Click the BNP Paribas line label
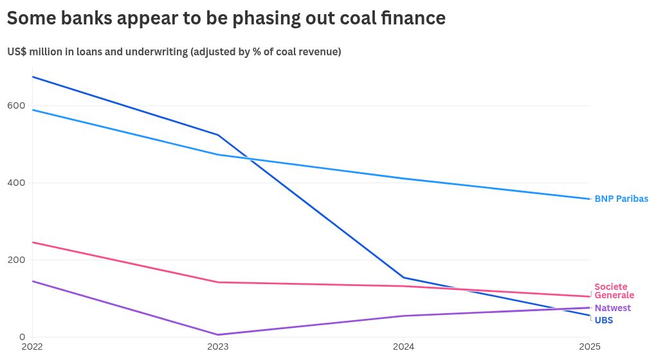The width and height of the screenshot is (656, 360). coord(621,199)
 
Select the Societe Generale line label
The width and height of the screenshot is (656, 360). coord(614,291)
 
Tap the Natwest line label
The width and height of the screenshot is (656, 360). coord(612,308)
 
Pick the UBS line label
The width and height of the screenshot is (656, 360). coord(604,320)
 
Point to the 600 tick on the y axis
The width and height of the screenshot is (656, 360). coord(16,105)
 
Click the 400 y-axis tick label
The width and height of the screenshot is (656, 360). coord(16,183)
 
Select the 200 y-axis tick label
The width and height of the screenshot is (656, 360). coord(16,260)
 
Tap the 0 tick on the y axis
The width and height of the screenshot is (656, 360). coord(22,337)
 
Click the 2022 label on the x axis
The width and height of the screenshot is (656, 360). coord(32,346)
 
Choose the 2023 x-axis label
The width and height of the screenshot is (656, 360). coord(218,346)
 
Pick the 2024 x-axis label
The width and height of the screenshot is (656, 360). coord(404,346)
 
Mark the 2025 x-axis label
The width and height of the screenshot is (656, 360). coord(590,346)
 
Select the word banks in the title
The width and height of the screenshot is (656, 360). coord(87,18)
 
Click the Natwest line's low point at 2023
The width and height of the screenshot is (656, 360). coord(218,334)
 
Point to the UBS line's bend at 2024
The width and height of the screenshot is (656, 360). coord(404,278)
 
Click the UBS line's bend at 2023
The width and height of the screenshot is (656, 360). coord(218,135)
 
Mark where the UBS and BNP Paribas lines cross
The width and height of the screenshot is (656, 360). coord(250,159)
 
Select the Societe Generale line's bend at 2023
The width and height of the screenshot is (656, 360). coord(218,282)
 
